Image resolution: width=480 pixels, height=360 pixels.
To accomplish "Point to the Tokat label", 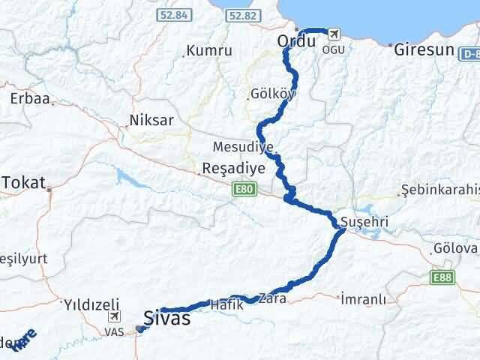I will pyautogui.click(x=24, y=182).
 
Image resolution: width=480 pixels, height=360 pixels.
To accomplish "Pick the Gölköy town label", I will pyautogui.click(x=274, y=94).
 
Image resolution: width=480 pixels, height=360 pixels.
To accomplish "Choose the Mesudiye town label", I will pyautogui.click(x=243, y=147).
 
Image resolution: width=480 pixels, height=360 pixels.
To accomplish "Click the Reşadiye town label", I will pyautogui.click(x=234, y=169).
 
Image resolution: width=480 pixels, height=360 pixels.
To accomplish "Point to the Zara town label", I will pyautogui.click(x=271, y=298).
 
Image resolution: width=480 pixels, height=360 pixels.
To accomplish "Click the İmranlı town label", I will pyautogui.click(x=364, y=298).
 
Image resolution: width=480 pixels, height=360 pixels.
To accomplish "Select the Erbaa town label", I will pyautogui.click(x=25, y=98).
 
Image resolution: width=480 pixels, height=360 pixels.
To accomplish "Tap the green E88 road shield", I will pyautogui.click(x=442, y=277).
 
